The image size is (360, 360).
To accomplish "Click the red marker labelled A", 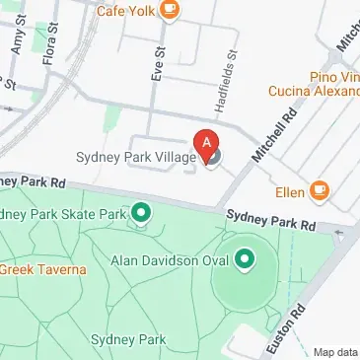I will pos(207,143).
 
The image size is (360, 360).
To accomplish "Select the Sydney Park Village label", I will pos(136,157).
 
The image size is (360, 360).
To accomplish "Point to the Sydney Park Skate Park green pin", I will pos(141,212).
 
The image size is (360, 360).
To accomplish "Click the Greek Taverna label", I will pos(40,268).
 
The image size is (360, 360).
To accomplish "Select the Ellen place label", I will pos(289,190).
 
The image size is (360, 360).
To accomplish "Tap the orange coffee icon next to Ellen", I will pos(319,189).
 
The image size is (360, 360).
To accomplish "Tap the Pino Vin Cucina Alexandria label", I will pos(314,84).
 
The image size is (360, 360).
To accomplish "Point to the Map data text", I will pos(335,352).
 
